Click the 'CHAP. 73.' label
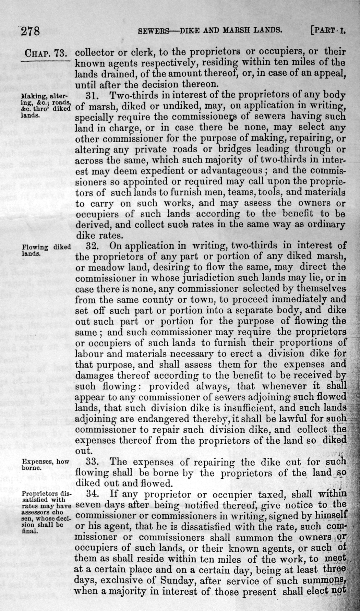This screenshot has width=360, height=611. click(x=45, y=53)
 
